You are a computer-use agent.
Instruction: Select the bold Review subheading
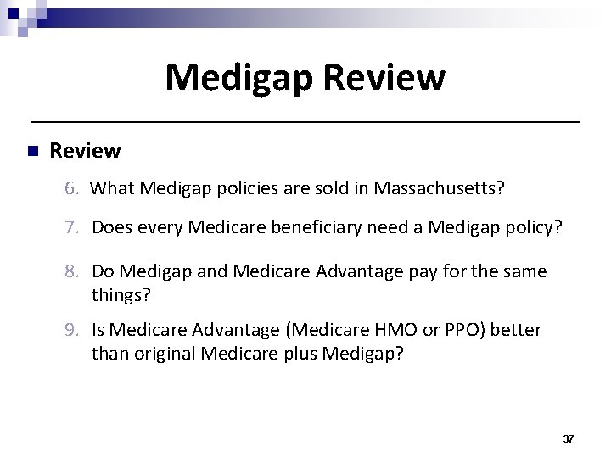click(85, 151)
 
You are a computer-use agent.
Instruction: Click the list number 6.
click(70, 187)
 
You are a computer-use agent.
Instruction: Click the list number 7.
click(70, 227)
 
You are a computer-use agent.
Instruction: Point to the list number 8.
click(70, 271)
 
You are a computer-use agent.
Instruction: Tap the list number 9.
click(70, 328)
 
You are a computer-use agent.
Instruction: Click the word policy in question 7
click(537, 227)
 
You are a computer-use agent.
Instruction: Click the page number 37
click(568, 438)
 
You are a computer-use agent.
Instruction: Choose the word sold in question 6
click(316, 187)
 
